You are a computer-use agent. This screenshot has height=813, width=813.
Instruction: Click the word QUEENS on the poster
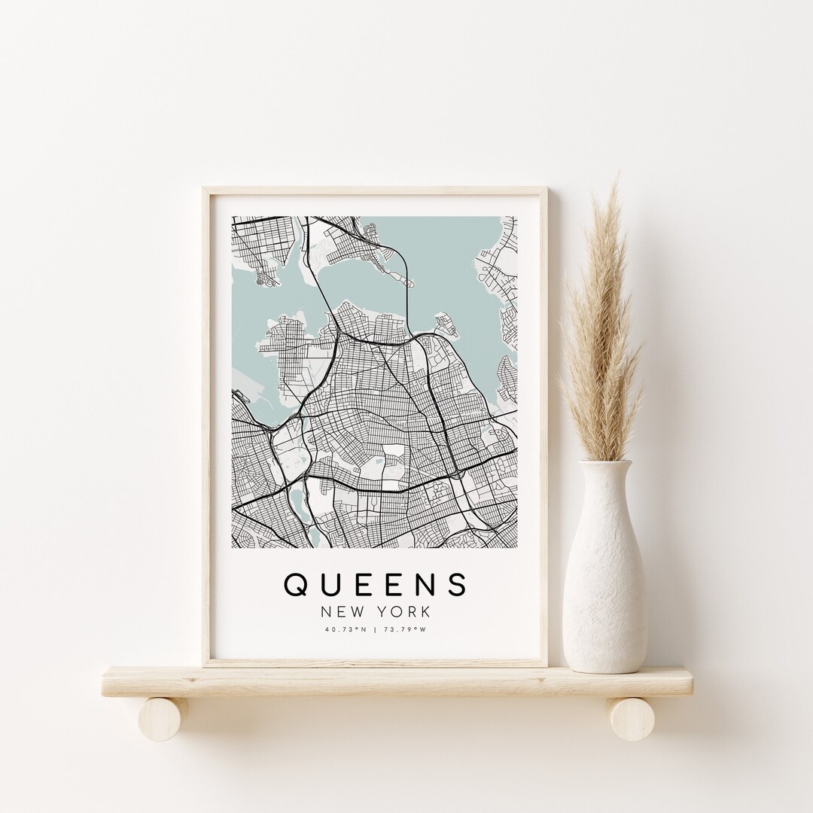pos(375,585)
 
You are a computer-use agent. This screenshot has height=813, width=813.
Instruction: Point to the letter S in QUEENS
pos(457,585)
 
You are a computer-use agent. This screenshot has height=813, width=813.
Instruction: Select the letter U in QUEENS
pos(329,585)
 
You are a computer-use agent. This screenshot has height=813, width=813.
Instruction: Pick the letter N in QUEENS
pos(424,585)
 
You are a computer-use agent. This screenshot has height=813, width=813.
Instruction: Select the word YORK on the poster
pos(403,613)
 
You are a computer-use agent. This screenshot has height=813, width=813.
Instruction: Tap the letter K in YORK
pos(425,613)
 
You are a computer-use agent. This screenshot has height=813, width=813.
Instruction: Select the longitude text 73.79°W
pos(404,631)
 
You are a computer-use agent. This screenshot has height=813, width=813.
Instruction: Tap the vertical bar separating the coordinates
pos(376,631)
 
